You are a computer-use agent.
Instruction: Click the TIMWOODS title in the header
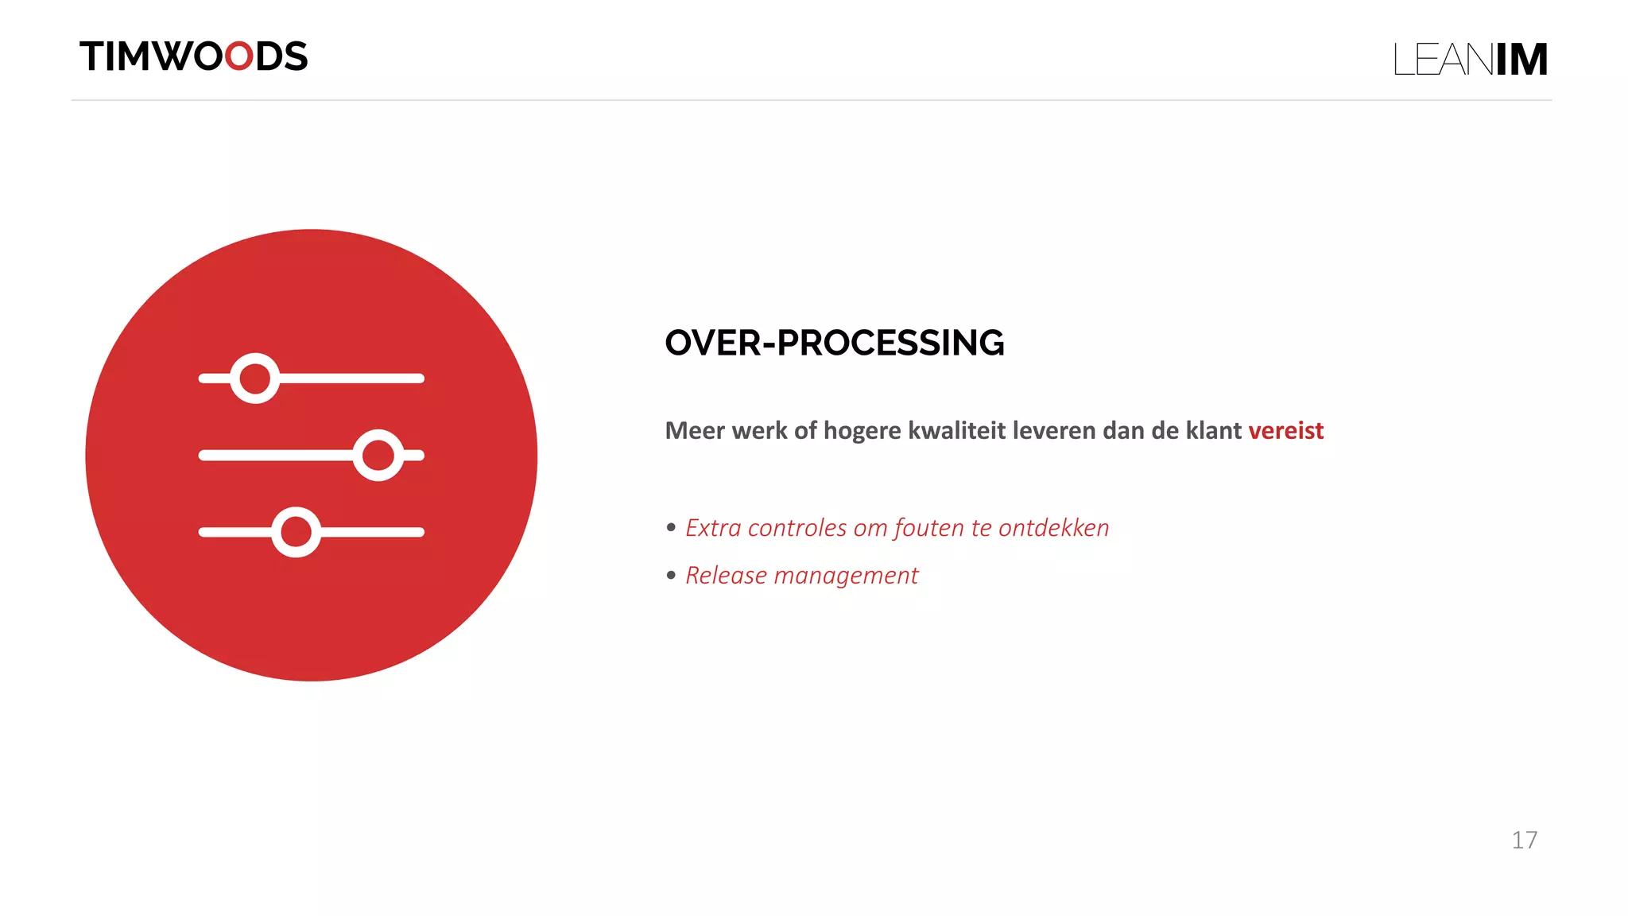coord(193,56)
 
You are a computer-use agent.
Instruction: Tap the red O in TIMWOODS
coord(238,56)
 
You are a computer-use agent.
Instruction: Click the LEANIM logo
coord(1470,60)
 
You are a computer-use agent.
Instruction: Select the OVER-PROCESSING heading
coord(834,343)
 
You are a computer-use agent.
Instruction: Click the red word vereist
coord(1285,430)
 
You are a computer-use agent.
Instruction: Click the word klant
coord(1213,430)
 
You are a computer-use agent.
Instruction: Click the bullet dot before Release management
coord(671,574)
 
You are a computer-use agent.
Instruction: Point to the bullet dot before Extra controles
coord(671,526)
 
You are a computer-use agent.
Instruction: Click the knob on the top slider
coord(255,378)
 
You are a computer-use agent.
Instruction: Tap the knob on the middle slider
coord(378,456)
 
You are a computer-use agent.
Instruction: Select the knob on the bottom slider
coord(297,532)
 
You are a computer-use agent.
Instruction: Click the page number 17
coord(1524,840)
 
